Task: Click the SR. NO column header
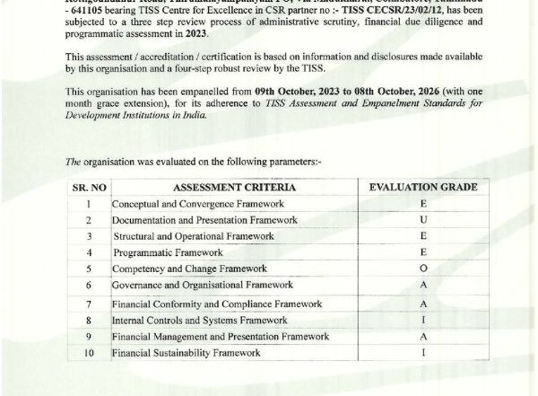click(x=89, y=187)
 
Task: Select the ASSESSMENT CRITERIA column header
click(x=228, y=187)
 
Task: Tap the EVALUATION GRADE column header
click(x=422, y=187)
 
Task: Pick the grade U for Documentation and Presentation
click(x=422, y=220)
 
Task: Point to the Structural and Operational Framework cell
click(x=194, y=236)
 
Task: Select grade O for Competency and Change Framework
click(x=422, y=268)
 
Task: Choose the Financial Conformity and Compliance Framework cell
click(x=216, y=304)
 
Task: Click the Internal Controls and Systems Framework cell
click(x=199, y=320)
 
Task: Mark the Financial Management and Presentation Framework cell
click(x=220, y=337)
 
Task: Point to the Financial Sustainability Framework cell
click(x=186, y=353)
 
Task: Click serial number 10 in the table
click(x=89, y=353)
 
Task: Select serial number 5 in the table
click(x=89, y=268)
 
